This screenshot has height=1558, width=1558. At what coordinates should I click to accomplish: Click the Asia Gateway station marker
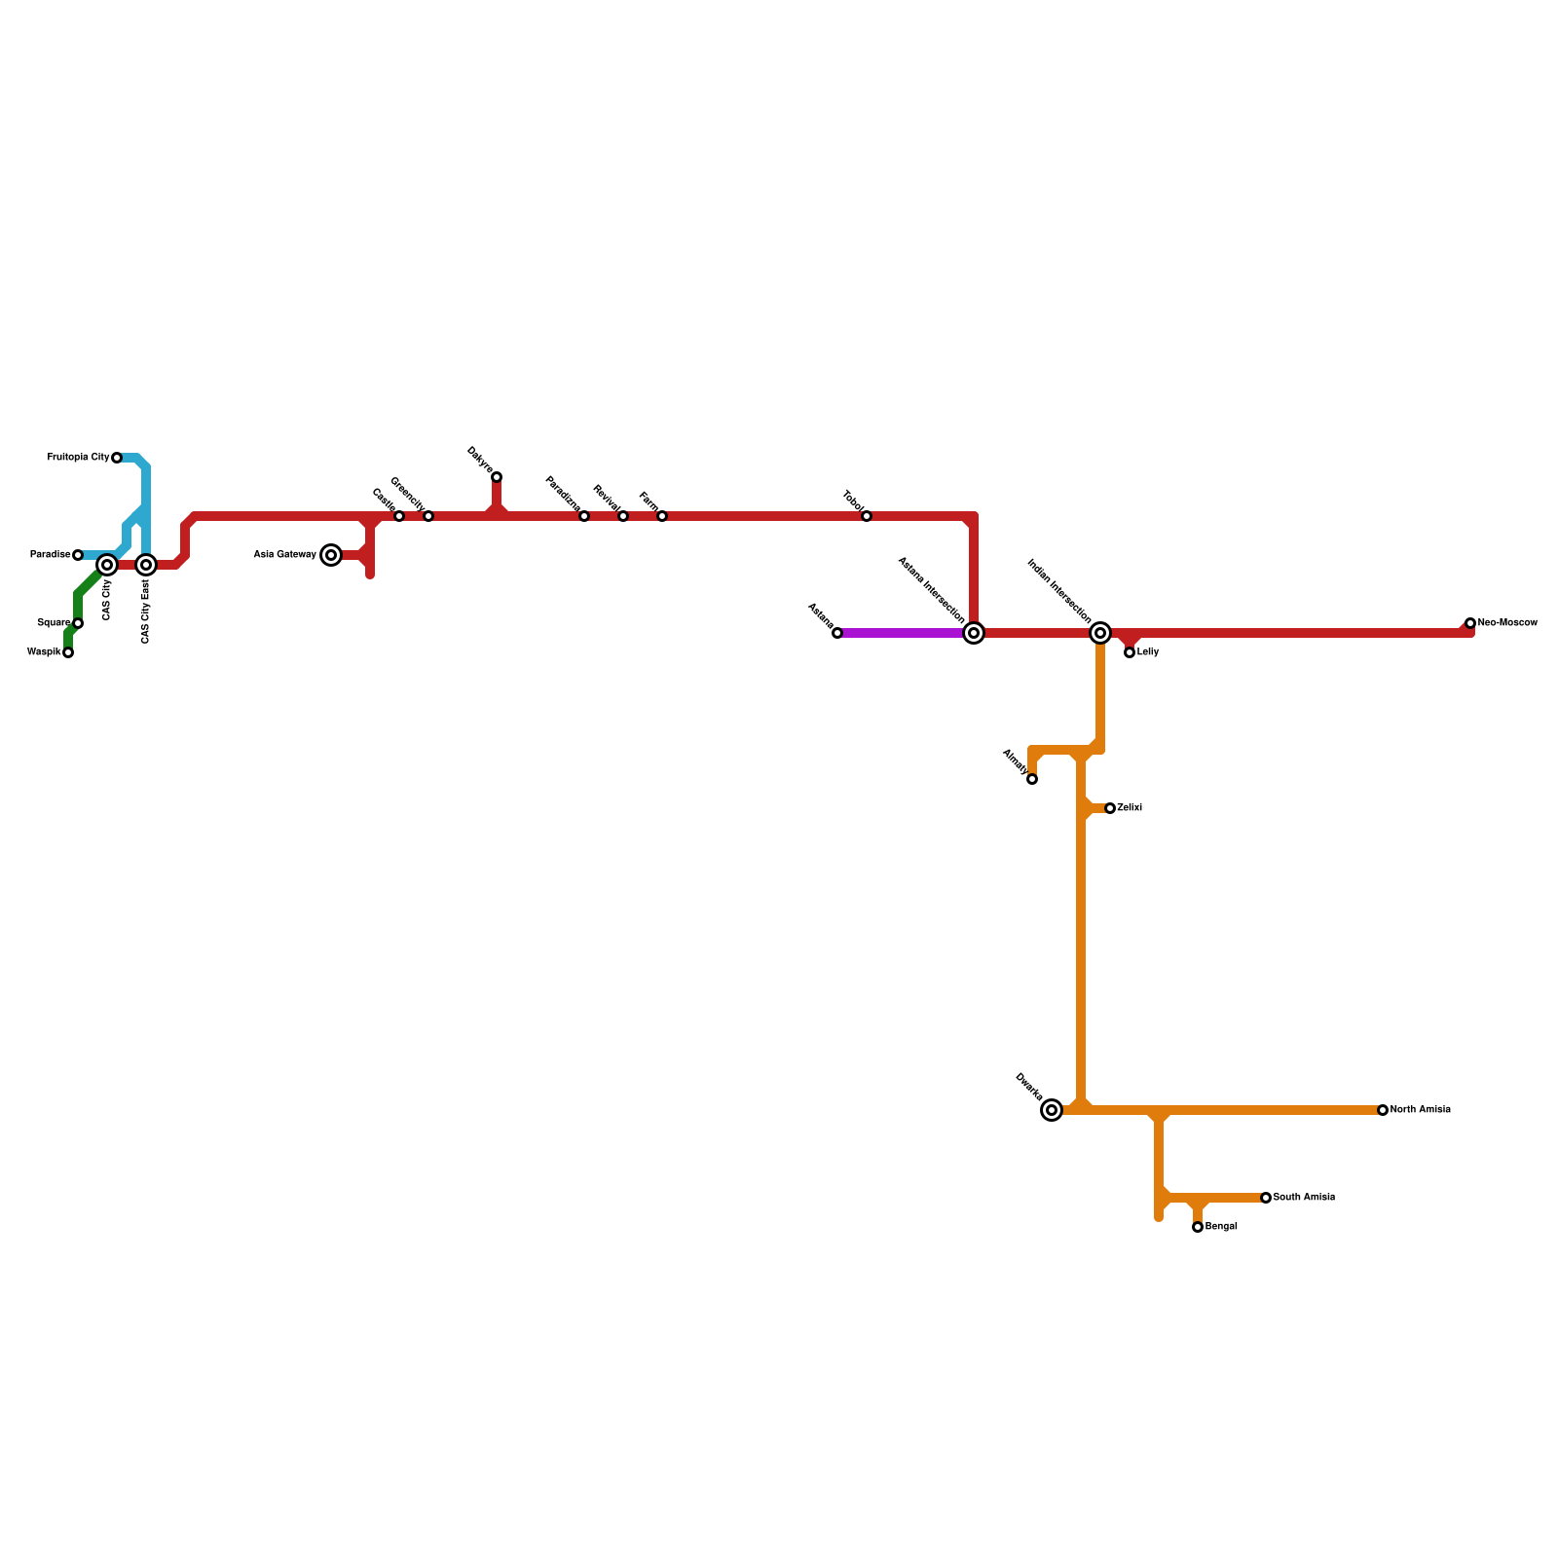tap(331, 555)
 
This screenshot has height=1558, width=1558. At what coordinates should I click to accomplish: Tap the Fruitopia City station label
tap(78, 458)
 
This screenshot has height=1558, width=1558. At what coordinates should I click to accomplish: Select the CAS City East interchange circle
tap(146, 565)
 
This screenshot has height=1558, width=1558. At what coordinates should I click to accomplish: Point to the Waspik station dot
tap(68, 652)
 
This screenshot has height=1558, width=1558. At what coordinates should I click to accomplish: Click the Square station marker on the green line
tap(78, 623)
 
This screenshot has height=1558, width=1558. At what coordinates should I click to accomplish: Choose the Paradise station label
tap(50, 555)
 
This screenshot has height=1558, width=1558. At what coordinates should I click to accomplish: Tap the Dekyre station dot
tap(497, 477)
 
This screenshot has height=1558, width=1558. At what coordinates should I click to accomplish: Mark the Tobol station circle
tap(867, 516)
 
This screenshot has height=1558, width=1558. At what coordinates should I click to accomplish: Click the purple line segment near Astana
tap(896, 633)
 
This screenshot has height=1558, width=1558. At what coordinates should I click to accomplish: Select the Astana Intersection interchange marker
tap(974, 633)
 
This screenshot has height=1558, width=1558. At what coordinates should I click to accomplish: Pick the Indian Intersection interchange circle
tap(1100, 633)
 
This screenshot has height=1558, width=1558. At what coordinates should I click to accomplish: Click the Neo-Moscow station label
tap(1507, 623)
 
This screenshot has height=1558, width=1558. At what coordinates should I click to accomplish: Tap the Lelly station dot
tap(1130, 652)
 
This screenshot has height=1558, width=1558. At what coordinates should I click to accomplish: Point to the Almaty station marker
tap(1032, 779)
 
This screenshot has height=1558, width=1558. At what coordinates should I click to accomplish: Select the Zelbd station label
tap(1130, 808)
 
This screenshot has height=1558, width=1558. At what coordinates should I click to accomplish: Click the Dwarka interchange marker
tap(1052, 1110)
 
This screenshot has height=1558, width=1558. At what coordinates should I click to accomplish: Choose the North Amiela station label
tap(1420, 1110)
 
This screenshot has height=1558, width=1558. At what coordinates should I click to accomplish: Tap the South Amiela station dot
tap(1266, 1198)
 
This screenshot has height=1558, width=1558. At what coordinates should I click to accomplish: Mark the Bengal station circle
tap(1198, 1227)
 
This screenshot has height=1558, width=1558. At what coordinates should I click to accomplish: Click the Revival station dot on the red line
tap(623, 516)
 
